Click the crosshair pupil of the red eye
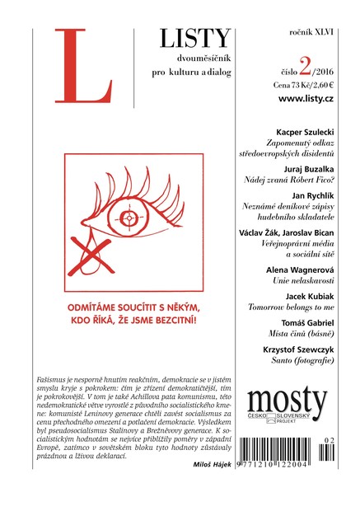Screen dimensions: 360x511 tap(129, 219)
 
